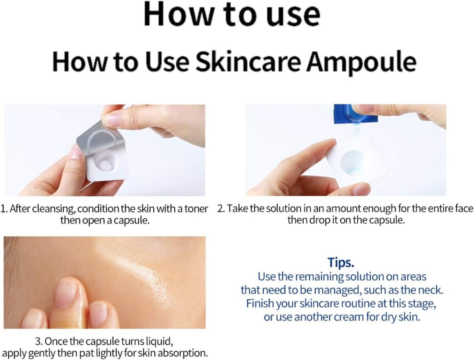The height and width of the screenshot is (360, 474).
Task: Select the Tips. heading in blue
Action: pos(341,263)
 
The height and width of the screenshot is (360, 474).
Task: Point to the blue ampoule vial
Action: pos(355,114)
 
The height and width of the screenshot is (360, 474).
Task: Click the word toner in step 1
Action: pos(196,209)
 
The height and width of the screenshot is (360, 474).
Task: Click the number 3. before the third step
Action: pos(39,341)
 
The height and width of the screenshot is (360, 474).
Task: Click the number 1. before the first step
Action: pos(4,209)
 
